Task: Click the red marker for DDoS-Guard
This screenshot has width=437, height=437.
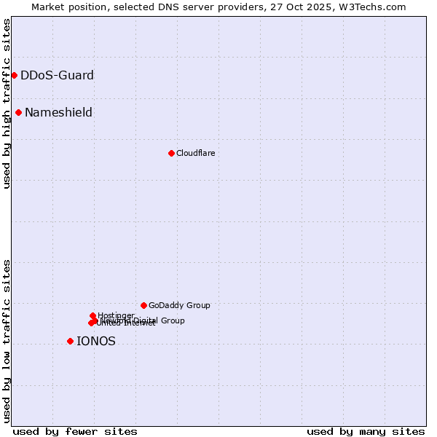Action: point(14,75)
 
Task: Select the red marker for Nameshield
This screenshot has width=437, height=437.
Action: point(18,112)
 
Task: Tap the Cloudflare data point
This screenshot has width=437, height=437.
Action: point(171,153)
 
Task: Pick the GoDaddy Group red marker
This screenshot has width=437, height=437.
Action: point(143,305)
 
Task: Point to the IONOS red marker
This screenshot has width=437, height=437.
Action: point(70,341)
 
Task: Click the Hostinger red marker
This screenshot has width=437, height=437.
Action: point(92,315)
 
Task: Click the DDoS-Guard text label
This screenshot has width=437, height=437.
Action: point(57,75)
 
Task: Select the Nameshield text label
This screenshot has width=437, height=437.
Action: point(58,112)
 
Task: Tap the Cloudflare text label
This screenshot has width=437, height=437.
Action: point(195,153)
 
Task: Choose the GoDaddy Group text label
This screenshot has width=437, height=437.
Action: point(179,305)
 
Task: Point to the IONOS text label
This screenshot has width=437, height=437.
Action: point(95,341)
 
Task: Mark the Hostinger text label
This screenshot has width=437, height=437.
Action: point(116,315)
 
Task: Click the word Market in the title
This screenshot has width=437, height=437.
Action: point(48,7)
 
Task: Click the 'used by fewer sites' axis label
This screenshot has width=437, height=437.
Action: point(75,431)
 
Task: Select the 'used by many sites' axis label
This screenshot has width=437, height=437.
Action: point(366,431)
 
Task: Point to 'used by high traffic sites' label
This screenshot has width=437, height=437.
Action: point(7,103)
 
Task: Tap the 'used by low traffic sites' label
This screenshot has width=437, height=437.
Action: point(7,341)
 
